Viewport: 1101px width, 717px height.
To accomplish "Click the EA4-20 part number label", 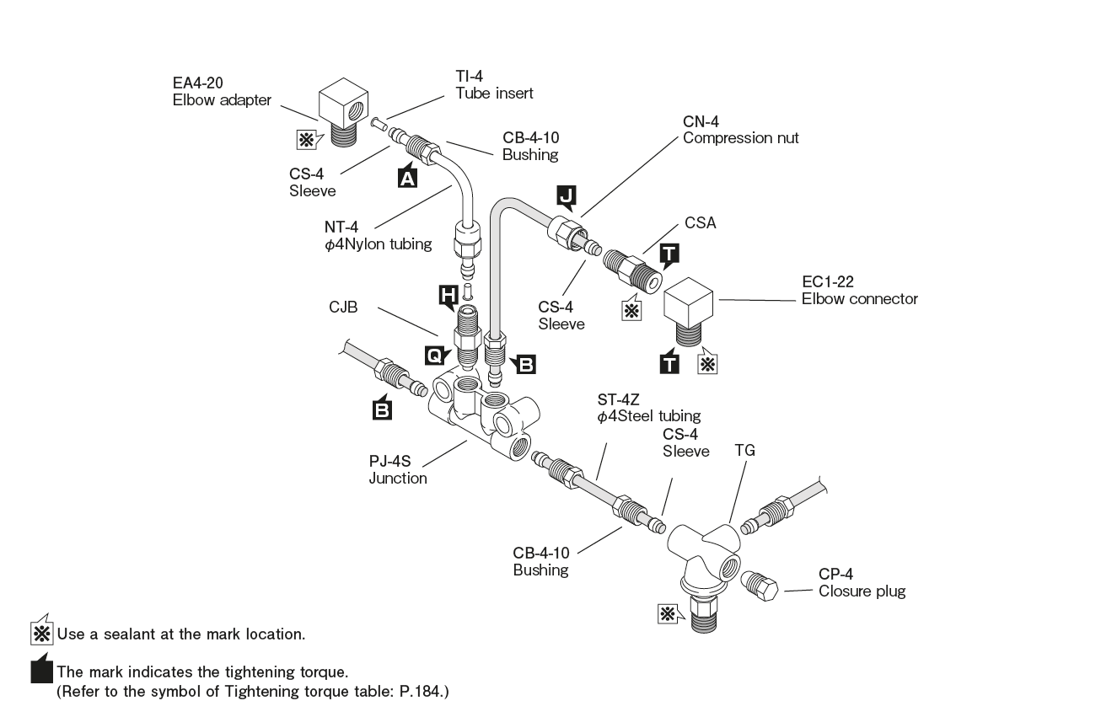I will tap(196, 84).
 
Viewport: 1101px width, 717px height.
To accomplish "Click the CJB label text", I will tap(344, 308).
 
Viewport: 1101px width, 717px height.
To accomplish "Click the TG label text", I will tap(744, 451).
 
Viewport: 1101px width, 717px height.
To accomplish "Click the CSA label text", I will tap(700, 225).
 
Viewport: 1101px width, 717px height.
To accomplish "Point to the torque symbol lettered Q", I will tap(433, 355).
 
